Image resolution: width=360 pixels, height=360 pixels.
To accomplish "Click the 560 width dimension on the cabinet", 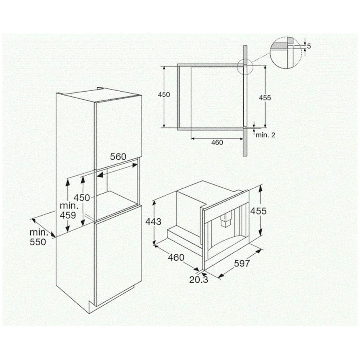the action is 118,156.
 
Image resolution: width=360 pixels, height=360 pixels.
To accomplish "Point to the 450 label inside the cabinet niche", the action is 82,198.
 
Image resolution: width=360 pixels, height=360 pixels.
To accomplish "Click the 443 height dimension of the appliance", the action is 153,222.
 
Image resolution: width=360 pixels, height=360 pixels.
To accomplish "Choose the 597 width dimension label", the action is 242,263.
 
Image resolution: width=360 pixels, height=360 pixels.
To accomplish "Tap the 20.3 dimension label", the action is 198,280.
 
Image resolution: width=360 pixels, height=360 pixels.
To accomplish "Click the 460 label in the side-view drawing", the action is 217,142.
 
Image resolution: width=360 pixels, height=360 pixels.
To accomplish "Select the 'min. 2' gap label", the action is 266,135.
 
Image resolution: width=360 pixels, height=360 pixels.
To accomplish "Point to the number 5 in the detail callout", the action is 309,46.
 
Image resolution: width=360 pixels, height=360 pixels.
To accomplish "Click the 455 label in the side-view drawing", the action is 265,98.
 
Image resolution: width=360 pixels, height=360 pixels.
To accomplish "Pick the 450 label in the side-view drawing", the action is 164,94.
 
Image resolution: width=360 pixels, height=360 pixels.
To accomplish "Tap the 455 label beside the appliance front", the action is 258,211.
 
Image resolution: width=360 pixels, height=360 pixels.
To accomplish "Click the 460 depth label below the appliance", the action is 176,257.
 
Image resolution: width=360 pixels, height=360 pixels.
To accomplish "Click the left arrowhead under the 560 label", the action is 100,175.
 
